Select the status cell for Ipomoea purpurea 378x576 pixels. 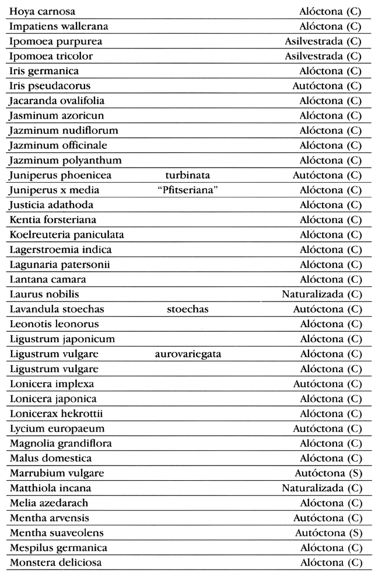323,41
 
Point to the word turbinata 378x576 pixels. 187,175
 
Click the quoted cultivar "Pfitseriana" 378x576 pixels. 188,190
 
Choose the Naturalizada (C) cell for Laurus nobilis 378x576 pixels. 321,294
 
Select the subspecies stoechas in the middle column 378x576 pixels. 187,309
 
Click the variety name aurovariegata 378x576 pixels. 188,354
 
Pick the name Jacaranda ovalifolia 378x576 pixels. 55,101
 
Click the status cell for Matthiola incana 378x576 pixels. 321,488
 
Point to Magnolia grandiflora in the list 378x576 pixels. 61,443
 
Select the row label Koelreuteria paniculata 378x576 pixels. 66,235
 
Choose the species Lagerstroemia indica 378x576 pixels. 61,249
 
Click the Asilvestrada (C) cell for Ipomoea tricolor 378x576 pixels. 323,56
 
